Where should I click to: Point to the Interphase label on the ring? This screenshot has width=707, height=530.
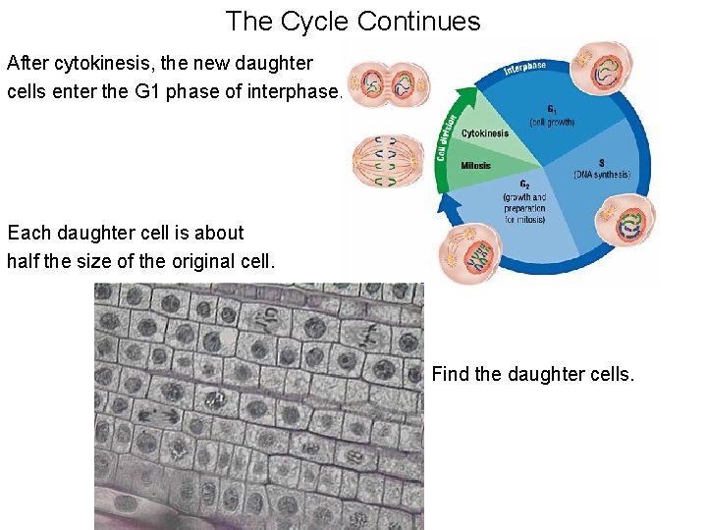click(x=524, y=68)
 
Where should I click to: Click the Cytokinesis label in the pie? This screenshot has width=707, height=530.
click(x=484, y=133)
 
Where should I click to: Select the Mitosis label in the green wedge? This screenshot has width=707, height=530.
click(x=476, y=166)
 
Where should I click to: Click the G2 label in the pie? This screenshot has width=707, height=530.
click(x=525, y=185)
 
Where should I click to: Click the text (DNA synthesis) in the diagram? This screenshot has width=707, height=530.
click(x=601, y=175)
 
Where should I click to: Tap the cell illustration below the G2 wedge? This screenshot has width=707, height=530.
click(x=469, y=253)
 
